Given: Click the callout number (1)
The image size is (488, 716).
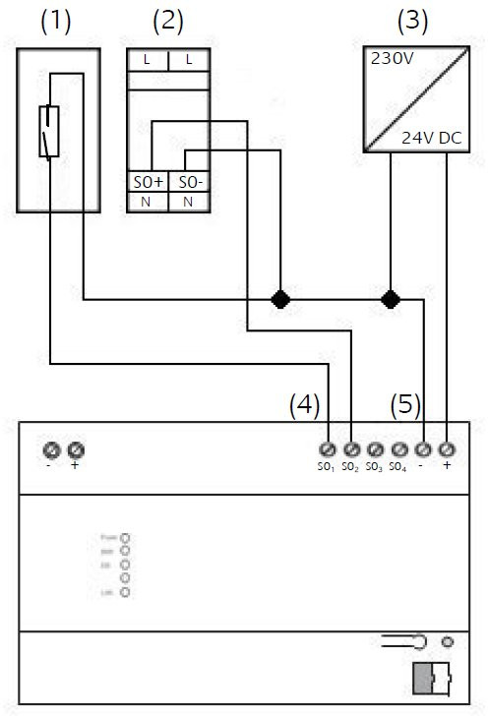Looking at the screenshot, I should [x=56, y=21].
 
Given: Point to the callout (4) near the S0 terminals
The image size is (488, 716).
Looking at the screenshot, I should [x=303, y=403].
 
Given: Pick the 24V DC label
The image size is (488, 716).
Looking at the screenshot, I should [x=430, y=140].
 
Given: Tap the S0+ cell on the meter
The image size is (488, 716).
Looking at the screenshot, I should [x=149, y=182].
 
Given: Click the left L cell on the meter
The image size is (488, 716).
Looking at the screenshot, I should [x=148, y=60].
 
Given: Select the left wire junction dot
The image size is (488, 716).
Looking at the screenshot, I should [x=280, y=297].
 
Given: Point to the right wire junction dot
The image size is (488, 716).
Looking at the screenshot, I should [x=391, y=297].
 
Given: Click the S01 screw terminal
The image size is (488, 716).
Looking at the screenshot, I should [x=327, y=449].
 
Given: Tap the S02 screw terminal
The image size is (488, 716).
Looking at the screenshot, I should [x=351, y=449].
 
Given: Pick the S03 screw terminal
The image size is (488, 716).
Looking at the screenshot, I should [x=375, y=449].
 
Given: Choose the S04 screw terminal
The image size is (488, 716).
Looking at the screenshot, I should [x=398, y=449].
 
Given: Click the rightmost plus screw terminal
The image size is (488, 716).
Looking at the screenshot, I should [x=447, y=449].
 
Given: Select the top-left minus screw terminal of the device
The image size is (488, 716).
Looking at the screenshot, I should [x=52, y=449].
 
